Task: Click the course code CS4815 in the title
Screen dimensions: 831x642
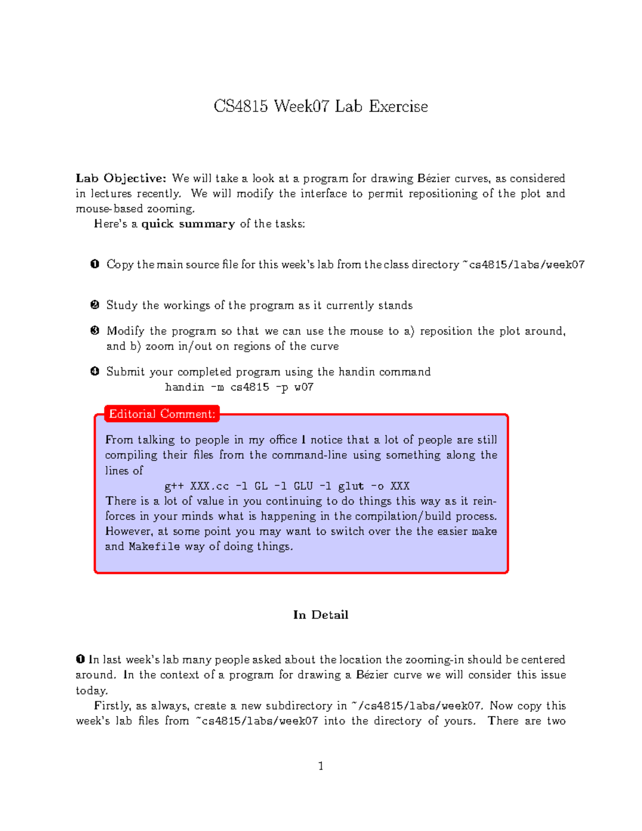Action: coord(241,106)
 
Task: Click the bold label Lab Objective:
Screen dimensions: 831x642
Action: coord(121,178)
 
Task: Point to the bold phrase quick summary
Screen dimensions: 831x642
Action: coord(188,224)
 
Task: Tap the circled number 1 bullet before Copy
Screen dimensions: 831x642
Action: coord(95,264)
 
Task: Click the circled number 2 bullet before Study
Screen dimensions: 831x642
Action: coord(95,305)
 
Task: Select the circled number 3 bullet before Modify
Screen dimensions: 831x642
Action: coord(95,331)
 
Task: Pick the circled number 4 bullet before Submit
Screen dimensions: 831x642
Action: coord(95,371)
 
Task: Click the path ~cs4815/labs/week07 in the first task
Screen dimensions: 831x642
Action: coord(523,264)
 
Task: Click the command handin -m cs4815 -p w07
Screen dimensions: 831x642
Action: coord(239,387)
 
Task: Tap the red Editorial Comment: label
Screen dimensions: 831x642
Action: coord(162,414)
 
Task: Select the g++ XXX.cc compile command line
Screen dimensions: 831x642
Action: coord(287,486)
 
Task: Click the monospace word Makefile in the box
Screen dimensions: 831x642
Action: coord(154,546)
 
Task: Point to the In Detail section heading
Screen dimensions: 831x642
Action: coord(320,615)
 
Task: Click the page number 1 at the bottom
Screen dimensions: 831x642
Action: coord(320,766)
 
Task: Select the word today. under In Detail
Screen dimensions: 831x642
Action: coord(91,690)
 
